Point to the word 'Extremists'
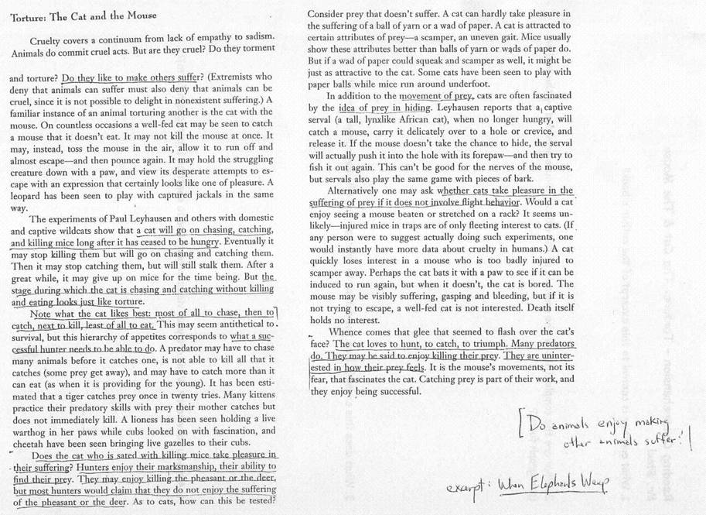235,78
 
